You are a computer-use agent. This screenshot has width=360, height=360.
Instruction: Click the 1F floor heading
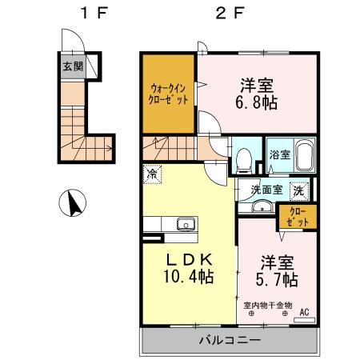point(78,14)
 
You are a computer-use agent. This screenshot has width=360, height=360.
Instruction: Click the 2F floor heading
point(229,14)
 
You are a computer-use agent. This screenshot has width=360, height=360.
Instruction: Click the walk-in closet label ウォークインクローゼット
point(169,94)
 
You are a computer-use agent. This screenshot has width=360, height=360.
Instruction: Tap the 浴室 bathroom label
point(278,154)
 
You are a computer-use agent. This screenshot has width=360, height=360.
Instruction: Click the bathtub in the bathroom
point(304,156)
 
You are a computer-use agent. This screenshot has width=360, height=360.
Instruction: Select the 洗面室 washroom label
point(264,190)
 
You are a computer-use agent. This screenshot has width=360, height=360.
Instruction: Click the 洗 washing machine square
point(298,190)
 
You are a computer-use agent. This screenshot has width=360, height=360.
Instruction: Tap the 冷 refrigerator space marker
point(152,171)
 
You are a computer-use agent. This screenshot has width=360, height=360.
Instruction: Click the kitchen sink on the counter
point(186,224)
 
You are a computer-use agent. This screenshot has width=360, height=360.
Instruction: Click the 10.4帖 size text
point(190,277)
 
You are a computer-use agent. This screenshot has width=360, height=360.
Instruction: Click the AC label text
point(305,312)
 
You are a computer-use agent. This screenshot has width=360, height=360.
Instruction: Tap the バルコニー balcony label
point(229,340)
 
